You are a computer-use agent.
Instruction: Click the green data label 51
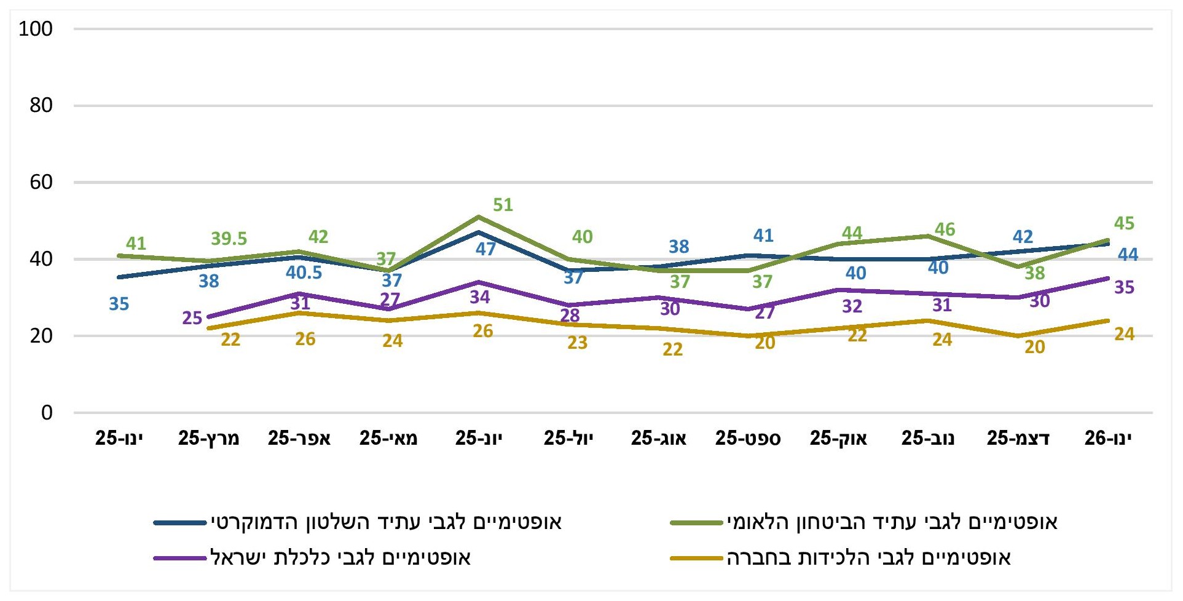503,205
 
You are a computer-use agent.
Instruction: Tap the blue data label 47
485,249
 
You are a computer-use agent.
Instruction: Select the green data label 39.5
229,239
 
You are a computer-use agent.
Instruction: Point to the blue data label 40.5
304,273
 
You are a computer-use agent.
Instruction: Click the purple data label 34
480,297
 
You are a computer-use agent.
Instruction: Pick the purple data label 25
192,318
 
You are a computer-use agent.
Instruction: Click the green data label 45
1124,223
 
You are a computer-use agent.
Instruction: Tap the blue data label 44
1128,254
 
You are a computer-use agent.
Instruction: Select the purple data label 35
1124,287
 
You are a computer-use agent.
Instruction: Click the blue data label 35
119,304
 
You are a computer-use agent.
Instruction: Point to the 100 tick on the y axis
36,29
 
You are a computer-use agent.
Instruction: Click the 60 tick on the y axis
41,182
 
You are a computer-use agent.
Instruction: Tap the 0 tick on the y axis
47,413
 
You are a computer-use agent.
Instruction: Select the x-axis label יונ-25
479,438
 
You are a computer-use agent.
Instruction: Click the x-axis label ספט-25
748,438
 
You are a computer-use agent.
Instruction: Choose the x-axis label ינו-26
1108,438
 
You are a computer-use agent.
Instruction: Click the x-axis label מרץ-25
209,438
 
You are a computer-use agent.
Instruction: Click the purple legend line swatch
180,559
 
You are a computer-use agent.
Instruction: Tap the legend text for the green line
892,523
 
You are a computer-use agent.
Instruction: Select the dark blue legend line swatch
180,523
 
